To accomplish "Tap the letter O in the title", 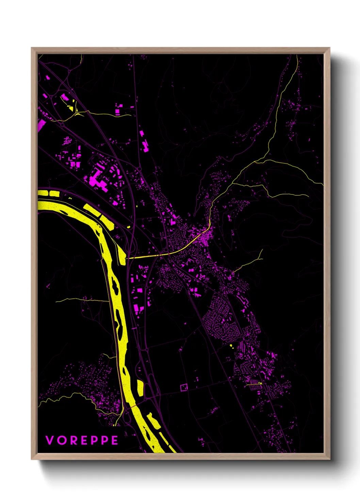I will pos(61,440).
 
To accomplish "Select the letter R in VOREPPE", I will pos(73,440).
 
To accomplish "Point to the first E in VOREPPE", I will pos(83,440).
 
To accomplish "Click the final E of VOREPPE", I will pos(115,440).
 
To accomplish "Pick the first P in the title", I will pos(94,440).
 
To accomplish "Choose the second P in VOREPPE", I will pos(104,440).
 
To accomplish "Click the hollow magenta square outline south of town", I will pos(184,387).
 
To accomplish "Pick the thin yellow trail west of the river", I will pos(82,300).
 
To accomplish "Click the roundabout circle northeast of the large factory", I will pos(139,169).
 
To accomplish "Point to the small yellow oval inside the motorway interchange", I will pos(129,226).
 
